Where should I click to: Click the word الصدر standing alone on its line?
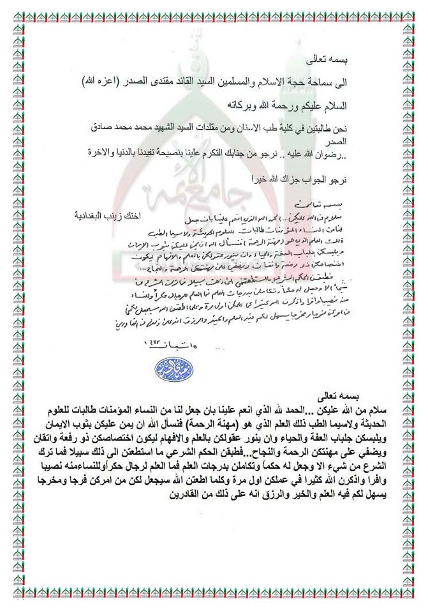click(x=344, y=140)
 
